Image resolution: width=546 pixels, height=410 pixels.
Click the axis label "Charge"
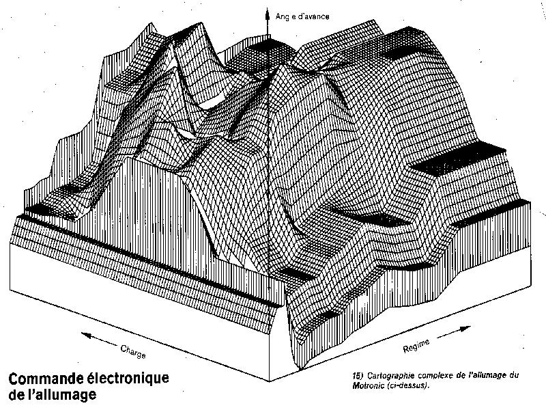coord(133,351)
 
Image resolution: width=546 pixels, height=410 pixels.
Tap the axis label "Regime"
coord(416,346)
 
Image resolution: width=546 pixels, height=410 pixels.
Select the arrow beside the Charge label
coord(100,340)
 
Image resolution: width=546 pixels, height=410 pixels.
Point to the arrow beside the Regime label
coord(454,332)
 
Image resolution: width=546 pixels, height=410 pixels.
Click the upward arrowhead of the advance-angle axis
coord(268,14)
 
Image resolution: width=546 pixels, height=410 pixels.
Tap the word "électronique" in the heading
coord(128,379)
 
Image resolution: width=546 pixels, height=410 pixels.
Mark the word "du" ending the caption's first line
coord(514,375)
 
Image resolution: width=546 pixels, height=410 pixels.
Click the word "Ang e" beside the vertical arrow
coord(285,16)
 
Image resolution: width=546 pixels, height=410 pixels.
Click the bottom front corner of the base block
coord(269,381)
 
